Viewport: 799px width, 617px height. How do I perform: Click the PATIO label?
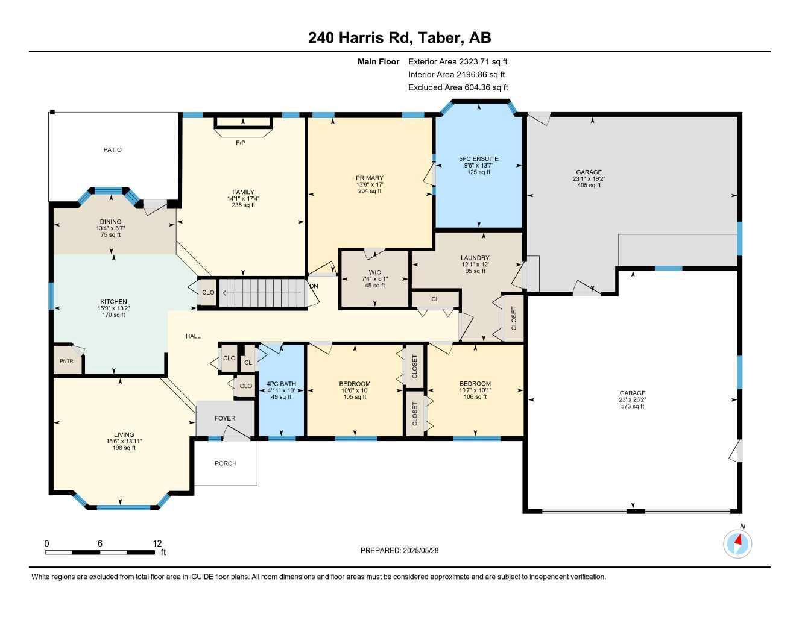(x=112, y=150)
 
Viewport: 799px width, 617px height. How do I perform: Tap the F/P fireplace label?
(x=241, y=142)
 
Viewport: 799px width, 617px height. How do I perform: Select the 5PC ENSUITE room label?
(x=478, y=158)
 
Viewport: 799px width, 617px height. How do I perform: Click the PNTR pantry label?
(x=66, y=361)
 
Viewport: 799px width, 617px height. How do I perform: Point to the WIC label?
(x=374, y=272)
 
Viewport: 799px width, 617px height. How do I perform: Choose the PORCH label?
(x=226, y=463)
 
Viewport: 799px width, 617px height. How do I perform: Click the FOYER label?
(x=225, y=418)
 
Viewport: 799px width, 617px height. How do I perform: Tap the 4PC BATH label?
(x=281, y=384)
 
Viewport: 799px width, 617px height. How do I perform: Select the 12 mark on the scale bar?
(x=157, y=543)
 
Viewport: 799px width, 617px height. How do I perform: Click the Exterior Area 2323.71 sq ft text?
(x=458, y=61)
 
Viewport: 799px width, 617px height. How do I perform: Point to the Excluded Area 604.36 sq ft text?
(x=458, y=87)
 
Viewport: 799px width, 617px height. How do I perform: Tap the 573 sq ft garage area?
(x=632, y=406)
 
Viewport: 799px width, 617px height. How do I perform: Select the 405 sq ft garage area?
(x=589, y=185)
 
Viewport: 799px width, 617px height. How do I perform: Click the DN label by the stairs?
(x=314, y=286)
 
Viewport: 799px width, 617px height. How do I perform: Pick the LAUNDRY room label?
(x=475, y=258)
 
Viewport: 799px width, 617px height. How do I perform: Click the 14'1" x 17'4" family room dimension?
(x=243, y=199)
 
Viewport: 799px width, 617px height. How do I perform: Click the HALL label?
(x=193, y=336)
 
